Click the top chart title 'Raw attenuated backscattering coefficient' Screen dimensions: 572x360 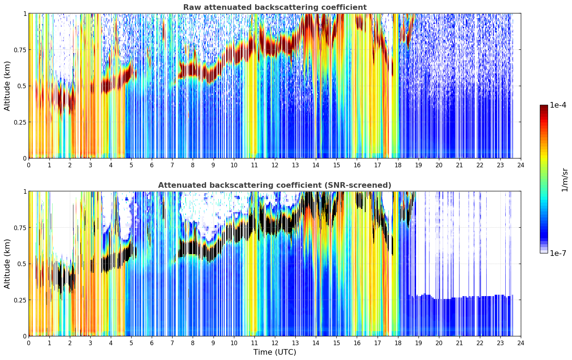coord(275,7)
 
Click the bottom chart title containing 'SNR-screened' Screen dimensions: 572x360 coord(275,185)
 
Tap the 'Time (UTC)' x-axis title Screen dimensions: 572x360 coord(275,352)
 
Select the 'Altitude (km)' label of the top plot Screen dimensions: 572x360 coord(7,86)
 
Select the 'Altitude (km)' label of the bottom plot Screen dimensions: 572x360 coord(7,264)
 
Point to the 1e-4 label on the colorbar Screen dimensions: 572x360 coord(558,105)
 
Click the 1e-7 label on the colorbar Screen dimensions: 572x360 coord(558,253)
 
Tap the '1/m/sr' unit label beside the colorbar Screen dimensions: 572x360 coord(565,180)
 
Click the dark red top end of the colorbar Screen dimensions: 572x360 coord(544,106)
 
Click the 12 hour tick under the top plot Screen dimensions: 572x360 coord(275,165)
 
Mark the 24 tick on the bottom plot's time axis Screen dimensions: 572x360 coord(521,343)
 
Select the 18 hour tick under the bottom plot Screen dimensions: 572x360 coord(398,343)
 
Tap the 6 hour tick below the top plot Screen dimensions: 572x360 coord(152,165)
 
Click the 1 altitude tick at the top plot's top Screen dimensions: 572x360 coord(25,13)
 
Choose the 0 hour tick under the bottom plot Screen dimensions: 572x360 coord(29,343)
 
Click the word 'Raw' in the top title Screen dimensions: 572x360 coord(192,7)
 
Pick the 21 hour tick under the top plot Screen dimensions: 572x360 coord(459,165)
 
